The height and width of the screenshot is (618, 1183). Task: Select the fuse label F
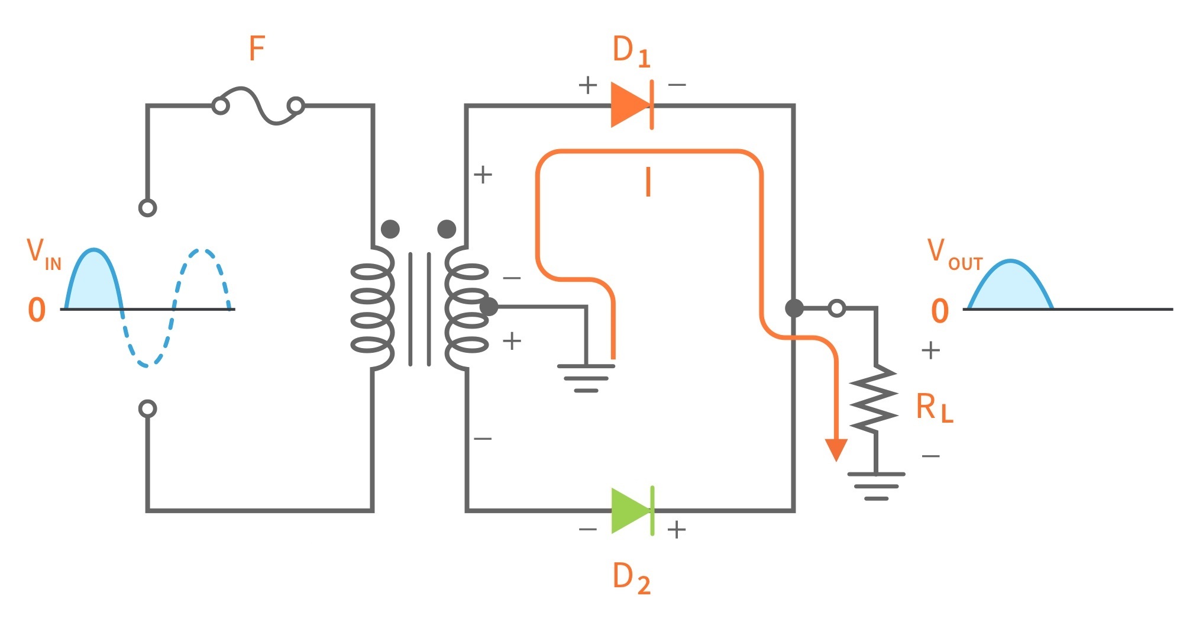coord(257,49)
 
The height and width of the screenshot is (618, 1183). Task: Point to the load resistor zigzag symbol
coord(874,398)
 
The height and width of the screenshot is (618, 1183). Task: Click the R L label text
coord(934,408)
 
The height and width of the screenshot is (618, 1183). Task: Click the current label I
coord(648,182)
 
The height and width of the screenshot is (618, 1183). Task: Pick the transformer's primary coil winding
coord(371,308)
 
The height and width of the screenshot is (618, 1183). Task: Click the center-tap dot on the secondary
coord(489,307)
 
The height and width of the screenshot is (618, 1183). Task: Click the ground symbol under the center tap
coord(586,378)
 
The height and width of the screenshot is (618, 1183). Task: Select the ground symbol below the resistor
coord(876,485)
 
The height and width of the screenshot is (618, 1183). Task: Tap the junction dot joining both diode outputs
coord(794,308)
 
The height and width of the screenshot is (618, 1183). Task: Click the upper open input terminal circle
coord(147,208)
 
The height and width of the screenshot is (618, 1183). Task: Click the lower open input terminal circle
coord(147,408)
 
